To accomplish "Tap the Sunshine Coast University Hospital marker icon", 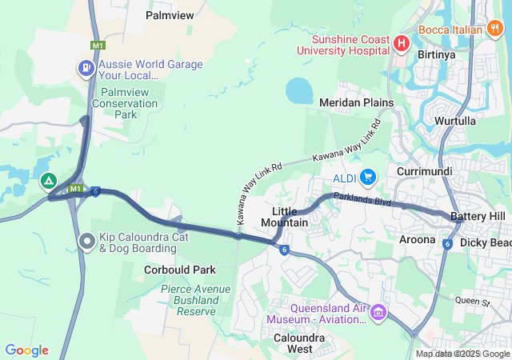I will [401, 42].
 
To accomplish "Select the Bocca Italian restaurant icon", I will [495, 29].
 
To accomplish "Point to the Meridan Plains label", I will [356, 102].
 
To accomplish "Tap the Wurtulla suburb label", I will [455, 121].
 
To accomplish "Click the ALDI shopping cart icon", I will [368, 176].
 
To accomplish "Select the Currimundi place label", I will [425, 171].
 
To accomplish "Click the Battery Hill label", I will [478, 217].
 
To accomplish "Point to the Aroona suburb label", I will [417, 239].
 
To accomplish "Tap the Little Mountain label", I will [285, 216].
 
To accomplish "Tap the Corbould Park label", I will [180, 270].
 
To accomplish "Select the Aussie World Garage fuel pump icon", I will [85, 68].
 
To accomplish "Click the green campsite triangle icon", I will [49, 182].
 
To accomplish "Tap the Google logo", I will [26, 350].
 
